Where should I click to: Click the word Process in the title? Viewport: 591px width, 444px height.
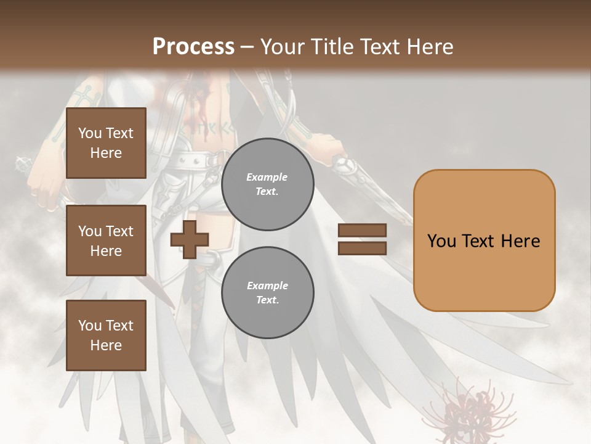coord(193,47)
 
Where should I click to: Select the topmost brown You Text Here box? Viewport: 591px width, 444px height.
coord(106,143)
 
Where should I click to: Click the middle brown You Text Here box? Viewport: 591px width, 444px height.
coord(106,240)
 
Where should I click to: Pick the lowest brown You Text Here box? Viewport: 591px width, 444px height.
coord(106,335)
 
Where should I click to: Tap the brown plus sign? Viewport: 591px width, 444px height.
coord(190,239)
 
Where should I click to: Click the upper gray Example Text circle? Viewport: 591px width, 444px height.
coord(267,184)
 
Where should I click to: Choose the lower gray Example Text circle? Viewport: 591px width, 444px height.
coord(267,293)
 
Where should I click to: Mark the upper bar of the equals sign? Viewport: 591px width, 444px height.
coord(363,231)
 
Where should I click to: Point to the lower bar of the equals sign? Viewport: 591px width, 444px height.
coord(363,248)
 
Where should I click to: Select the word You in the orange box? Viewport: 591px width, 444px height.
coord(441,241)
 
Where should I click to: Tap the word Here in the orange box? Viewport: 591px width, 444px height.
coord(520,241)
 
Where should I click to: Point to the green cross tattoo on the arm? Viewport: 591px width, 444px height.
coord(84,96)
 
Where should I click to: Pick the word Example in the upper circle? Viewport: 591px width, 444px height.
coord(267,177)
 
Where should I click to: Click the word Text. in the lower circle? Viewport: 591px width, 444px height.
coord(267,300)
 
